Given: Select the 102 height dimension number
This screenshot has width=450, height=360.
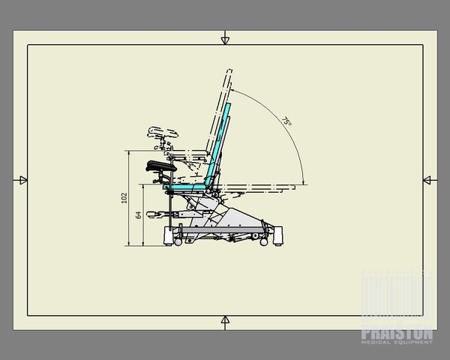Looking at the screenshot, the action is [x=124, y=197].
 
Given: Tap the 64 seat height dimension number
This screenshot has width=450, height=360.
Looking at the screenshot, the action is [x=138, y=215].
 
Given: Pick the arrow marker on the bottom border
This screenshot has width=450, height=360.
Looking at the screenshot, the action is [x=225, y=321].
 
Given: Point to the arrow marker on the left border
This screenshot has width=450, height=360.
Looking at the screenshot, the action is [x=21, y=179].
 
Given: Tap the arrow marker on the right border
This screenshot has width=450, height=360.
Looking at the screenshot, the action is [x=428, y=179].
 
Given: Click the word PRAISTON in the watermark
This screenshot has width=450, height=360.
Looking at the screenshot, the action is [x=397, y=329].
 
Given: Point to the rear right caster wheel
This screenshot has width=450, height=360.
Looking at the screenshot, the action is [x=264, y=241].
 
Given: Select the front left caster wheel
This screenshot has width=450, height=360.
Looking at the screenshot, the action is [x=166, y=240].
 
